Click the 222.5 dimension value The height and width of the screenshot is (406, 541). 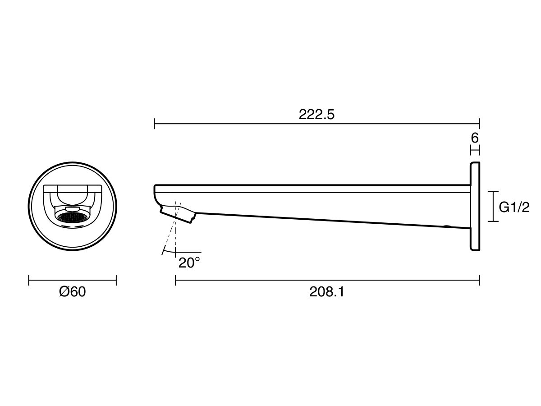[x=316, y=115]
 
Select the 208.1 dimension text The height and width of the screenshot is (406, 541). [x=327, y=292]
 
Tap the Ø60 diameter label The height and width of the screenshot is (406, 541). [x=72, y=292]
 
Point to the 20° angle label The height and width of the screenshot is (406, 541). [x=188, y=263]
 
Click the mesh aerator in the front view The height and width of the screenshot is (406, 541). [x=72, y=217]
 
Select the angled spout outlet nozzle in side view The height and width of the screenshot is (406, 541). [x=178, y=213]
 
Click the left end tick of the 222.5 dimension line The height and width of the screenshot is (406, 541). [x=155, y=124]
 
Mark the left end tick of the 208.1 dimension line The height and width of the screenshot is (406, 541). [x=175, y=281]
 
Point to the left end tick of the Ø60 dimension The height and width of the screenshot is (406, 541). [x=29, y=281]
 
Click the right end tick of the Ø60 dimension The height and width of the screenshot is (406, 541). [x=116, y=281]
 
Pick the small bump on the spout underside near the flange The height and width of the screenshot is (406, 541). [x=447, y=226]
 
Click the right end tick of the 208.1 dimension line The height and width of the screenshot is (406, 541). [x=479, y=281]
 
